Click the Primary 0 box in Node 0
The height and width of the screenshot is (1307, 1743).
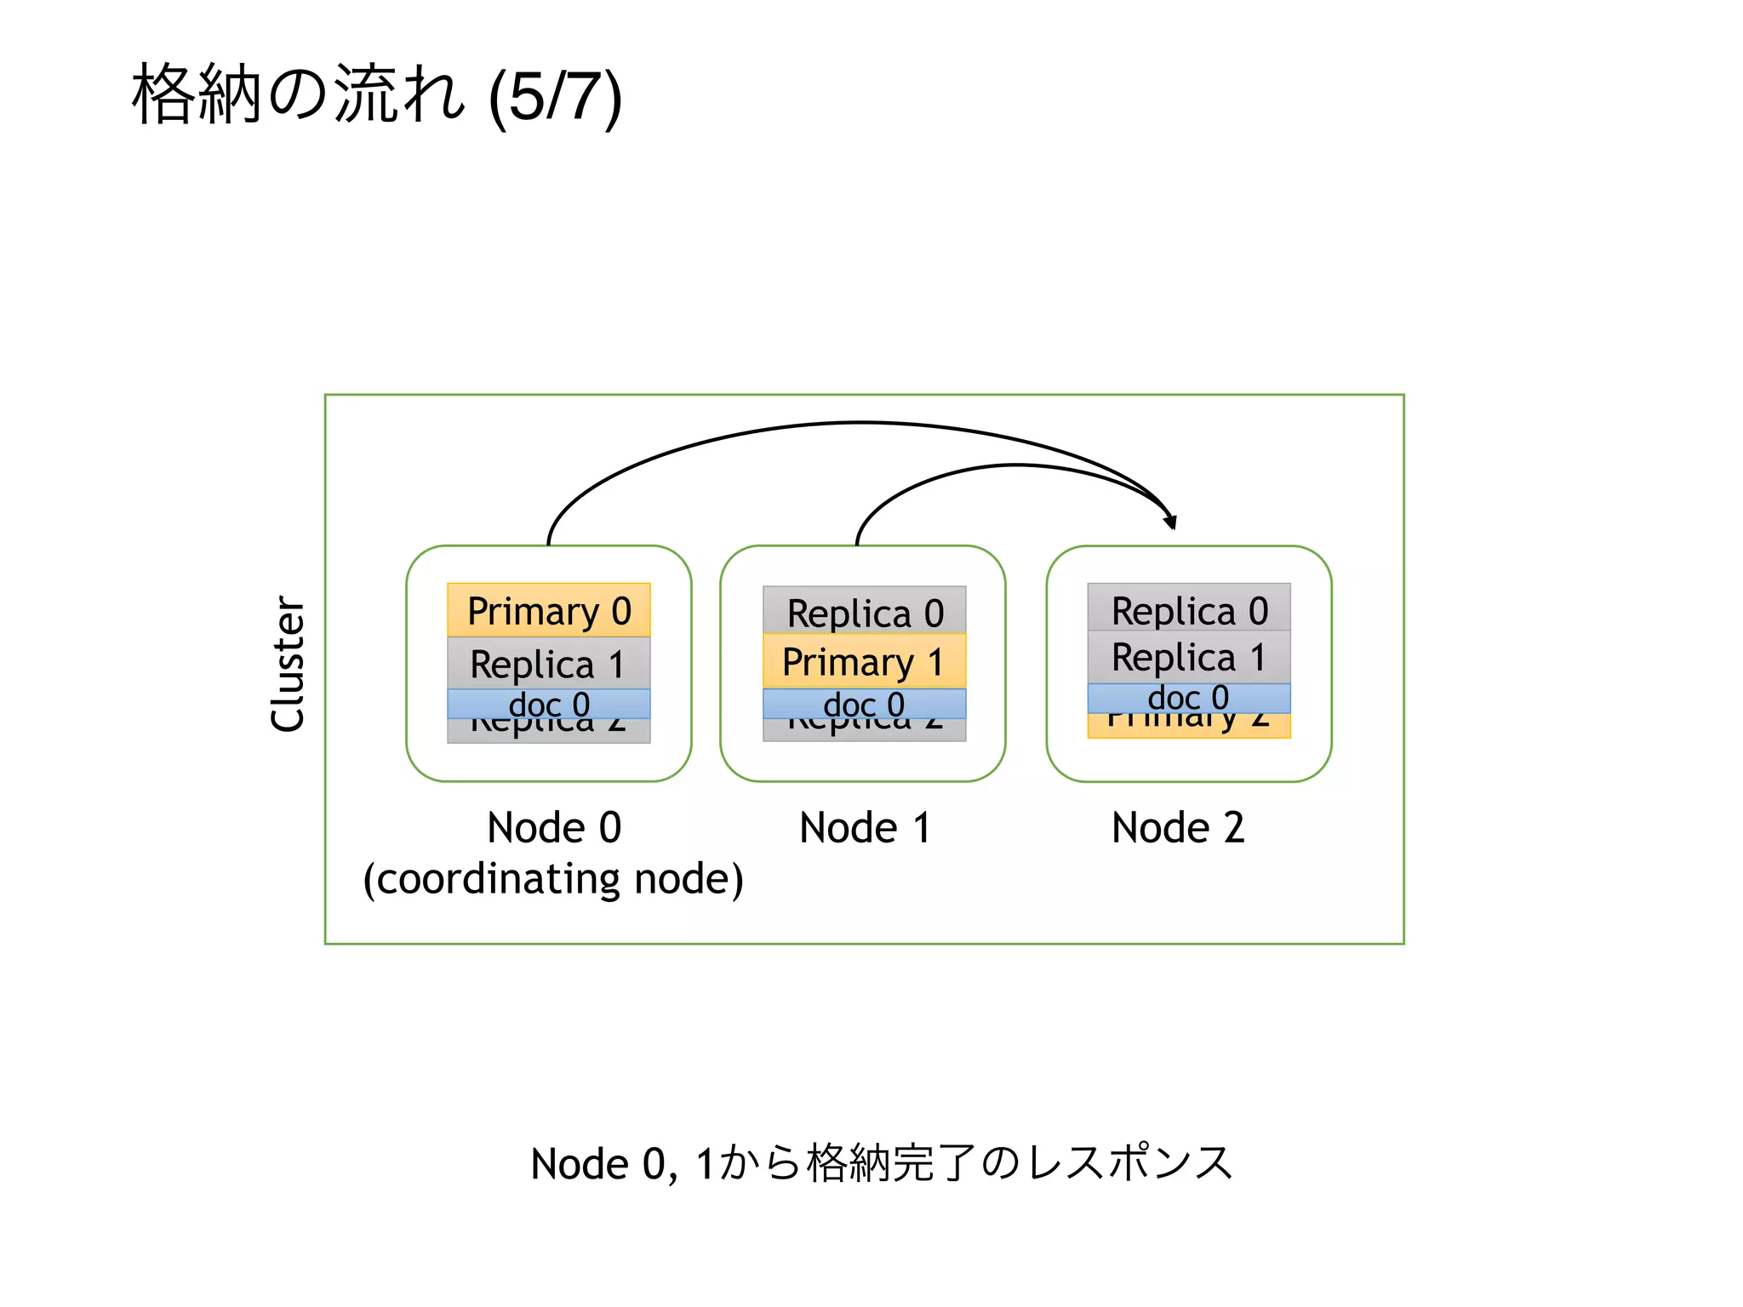pyautogui.click(x=549, y=610)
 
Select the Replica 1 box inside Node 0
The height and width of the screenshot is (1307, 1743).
pyautogui.click(x=549, y=663)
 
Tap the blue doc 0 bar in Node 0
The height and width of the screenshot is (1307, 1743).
pyautogui.click(x=549, y=705)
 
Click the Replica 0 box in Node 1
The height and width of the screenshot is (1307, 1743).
pyautogui.click(x=865, y=611)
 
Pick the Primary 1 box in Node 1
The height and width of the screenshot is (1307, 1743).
pyautogui.click(x=865, y=661)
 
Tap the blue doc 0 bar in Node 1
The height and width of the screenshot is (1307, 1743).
pyautogui.click(x=865, y=705)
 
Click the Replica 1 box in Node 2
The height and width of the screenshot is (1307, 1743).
pyautogui.click(x=1189, y=657)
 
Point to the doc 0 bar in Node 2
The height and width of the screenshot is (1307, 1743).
pyautogui.click(x=1189, y=698)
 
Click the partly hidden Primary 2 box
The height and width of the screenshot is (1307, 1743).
pyautogui.click(x=1189, y=726)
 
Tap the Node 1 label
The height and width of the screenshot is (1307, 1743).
pyautogui.click(x=865, y=828)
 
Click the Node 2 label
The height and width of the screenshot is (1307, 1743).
pyautogui.click(x=1178, y=828)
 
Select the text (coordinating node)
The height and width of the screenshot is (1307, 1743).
pyautogui.click(x=553, y=879)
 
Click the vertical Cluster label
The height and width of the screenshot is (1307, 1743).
pyautogui.click(x=288, y=664)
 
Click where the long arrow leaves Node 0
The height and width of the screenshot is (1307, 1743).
pyautogui.click(x=550, y=541)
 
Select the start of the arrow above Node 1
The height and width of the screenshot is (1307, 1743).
pyautogui.click(x=858, y=541)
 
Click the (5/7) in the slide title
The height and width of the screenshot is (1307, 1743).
pyautogui.click(x=556, y=97)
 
